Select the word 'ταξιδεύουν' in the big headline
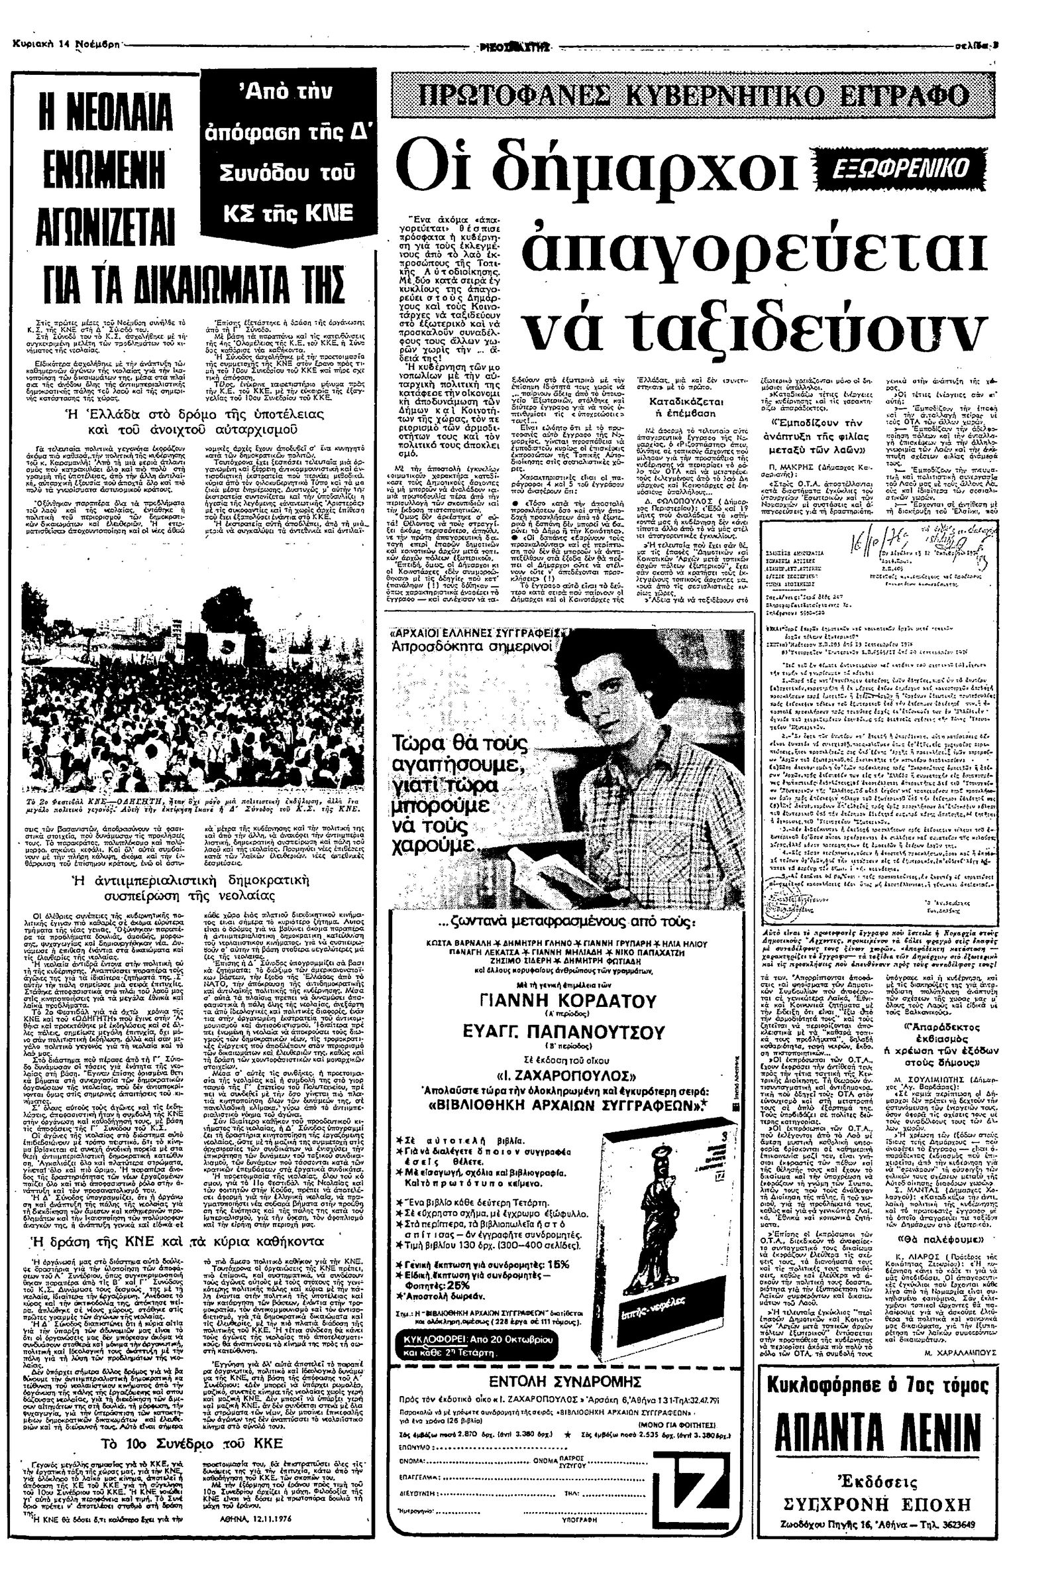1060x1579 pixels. coord(755,327)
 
